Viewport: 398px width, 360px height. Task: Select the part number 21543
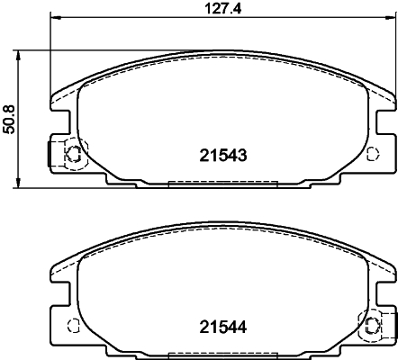click(222, 154)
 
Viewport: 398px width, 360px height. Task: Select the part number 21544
click(222, 327)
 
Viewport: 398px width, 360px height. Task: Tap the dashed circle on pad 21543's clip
click(73, 155)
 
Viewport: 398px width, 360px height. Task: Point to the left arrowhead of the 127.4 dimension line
click(53, 18)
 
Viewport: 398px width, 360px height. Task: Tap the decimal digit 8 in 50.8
click(10, 104)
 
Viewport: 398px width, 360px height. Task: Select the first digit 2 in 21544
click(203, 327)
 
